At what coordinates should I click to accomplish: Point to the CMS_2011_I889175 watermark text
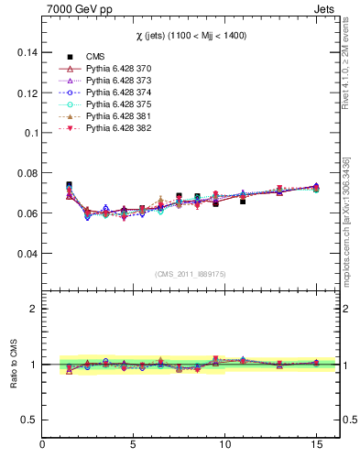(x=191, y=274)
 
